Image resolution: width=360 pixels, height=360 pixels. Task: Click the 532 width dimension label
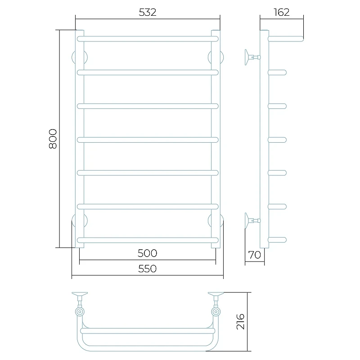(148, 12)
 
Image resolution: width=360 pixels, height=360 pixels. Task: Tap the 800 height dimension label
(53, 139)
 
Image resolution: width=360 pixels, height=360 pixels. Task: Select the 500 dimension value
(148, 253)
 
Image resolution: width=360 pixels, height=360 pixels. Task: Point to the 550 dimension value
(148, 269)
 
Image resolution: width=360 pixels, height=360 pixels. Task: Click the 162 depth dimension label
(282, 12)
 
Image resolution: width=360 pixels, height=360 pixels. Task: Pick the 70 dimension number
(255, 255)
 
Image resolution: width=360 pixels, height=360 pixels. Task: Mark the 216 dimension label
(240, 321)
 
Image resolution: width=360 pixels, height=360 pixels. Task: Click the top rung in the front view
(148, 39)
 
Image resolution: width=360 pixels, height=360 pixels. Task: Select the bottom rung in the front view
(148, 240)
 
